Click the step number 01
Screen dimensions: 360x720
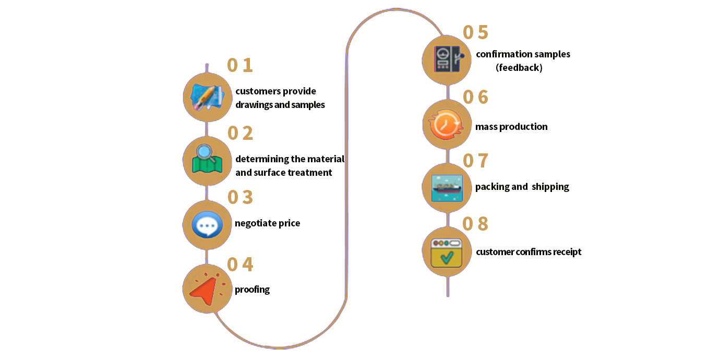pos(239,65)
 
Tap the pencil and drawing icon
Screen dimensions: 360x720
pos(208,97)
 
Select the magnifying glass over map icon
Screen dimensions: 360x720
pos(207,160)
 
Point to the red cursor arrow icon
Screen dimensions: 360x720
pos(206,289)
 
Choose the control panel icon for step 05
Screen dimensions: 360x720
pos(447,60)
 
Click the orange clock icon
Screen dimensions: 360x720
pos(447,125)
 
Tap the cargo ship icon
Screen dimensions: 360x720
pos(447,188)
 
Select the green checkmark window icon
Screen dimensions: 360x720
pos(447,252)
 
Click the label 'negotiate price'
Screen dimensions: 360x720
pos(267,223)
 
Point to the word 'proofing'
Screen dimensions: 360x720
pos(252,290)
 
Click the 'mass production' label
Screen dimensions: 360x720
pos(511,127)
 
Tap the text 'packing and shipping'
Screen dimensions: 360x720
pos(522,187)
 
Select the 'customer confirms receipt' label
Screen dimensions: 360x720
pos(529,252)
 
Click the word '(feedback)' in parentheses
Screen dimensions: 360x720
pos(519,68)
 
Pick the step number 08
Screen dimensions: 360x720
pos(475,224)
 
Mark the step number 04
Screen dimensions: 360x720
pos(240,265)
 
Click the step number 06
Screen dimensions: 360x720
pos(475,97)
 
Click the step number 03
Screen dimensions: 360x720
pos(240,197)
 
